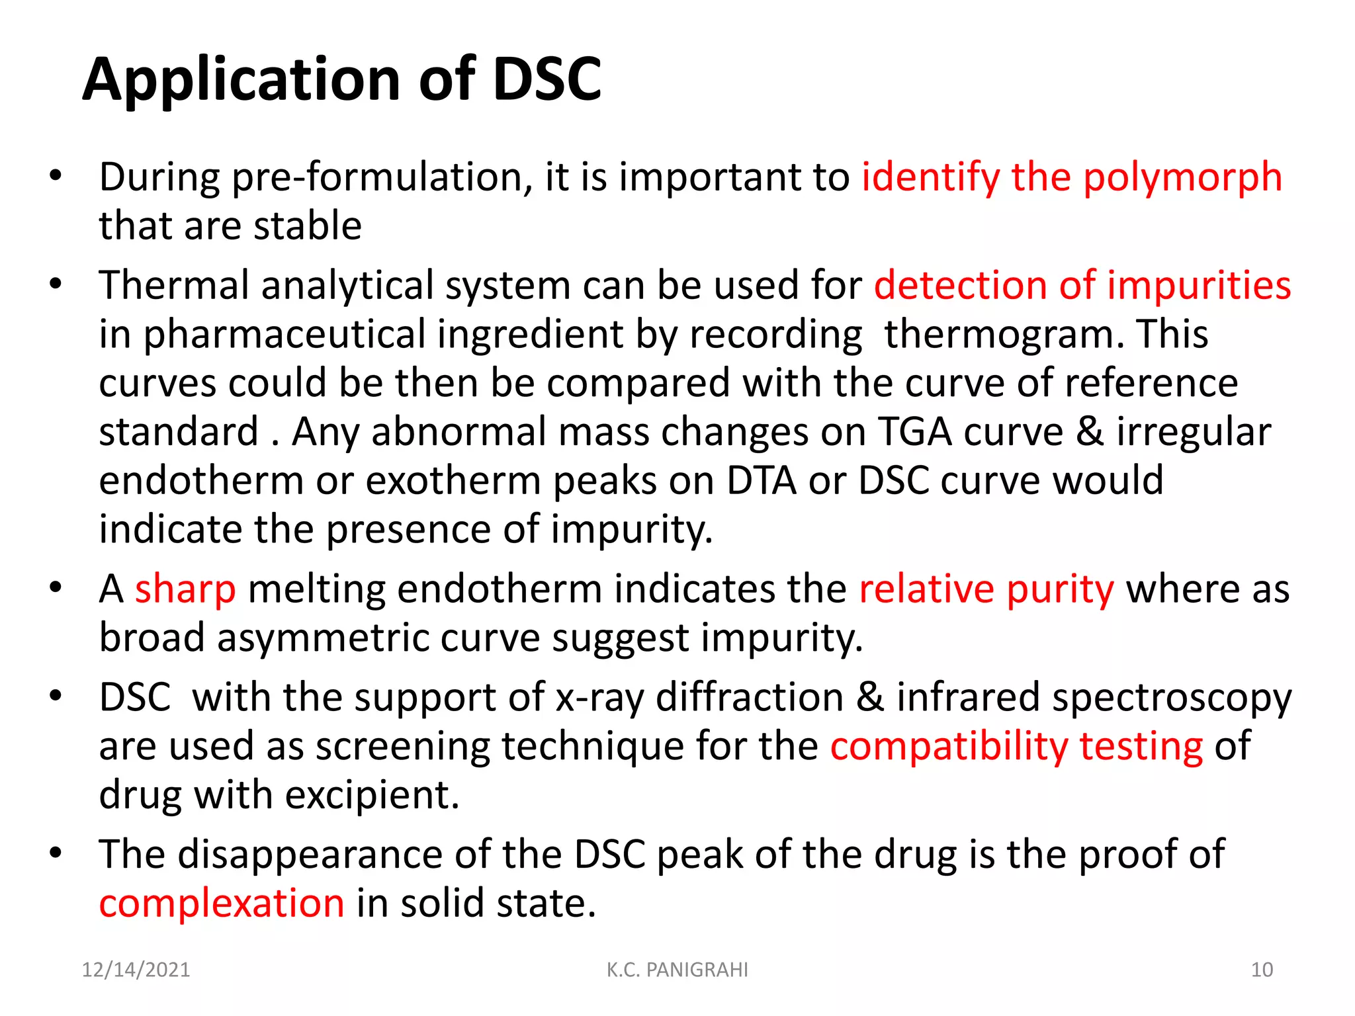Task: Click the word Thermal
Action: pos(174,285)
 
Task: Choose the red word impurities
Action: pos(1199,285)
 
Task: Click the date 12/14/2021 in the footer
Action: pos(136,970)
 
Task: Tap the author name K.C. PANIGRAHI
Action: pos(677,970)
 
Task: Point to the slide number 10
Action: pos(1262,970)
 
